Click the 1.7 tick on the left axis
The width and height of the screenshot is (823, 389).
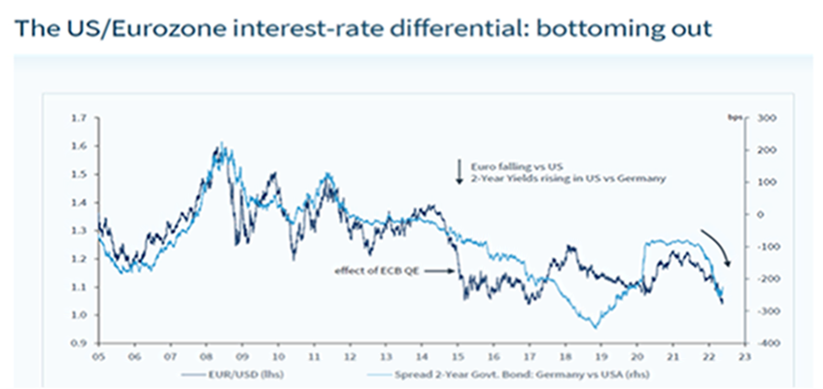(x=79, y=117)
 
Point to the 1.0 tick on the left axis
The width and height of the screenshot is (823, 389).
(x=79, y=315)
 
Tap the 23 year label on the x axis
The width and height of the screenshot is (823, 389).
(x=744, y=356)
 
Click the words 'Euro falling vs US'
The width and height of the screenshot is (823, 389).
(x=503, y=167)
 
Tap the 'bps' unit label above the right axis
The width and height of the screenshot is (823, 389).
(x=737, y=115)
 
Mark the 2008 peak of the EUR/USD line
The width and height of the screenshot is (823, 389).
(x=222, y=146)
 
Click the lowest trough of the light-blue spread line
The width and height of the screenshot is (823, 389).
(x=595, y=328)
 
